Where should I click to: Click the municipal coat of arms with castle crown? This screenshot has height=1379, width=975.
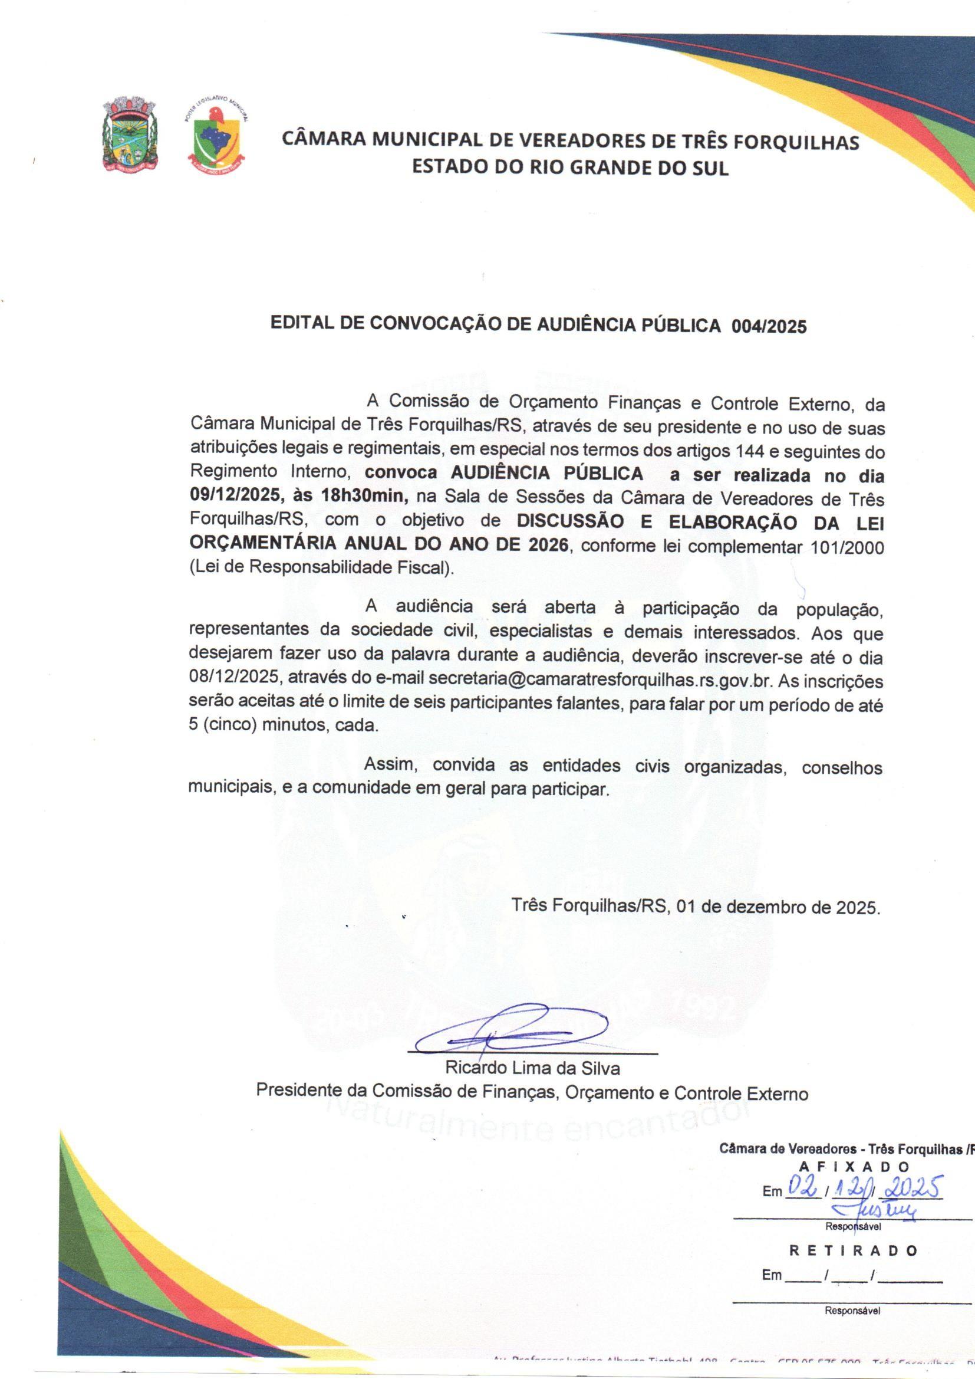tap(130, 133)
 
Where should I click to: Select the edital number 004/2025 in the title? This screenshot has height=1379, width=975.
tap(769, 326)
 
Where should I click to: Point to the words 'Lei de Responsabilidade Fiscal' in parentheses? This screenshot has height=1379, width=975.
tap(321, 568)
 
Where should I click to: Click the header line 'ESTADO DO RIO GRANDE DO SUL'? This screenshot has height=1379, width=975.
tap(570, 168)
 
